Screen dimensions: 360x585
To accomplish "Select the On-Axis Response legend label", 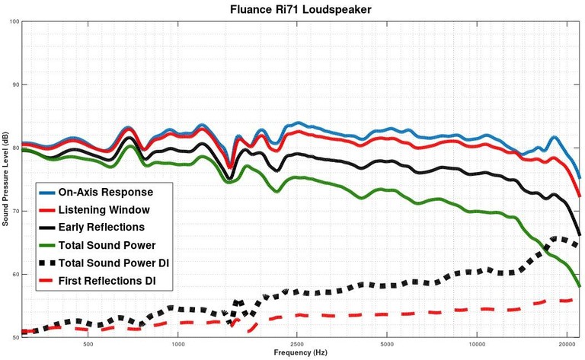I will click(x=106, y=191).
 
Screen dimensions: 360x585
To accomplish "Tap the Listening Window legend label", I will click(x=104, y=209).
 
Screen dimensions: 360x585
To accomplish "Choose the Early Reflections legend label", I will click(x=101, y=227).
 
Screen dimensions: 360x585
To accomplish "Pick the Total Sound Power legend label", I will click(x=107, y=244).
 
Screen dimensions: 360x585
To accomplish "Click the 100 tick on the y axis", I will click(x=13, y=21).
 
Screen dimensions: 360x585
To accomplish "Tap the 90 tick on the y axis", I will click(x=14, y=84).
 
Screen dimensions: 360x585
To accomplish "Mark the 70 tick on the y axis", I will click(x=14, y=211).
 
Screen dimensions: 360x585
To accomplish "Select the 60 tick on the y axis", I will click(x=14, y=274).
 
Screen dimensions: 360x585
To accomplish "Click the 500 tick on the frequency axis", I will click(x=88, y=344).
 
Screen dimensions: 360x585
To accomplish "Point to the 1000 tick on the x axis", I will click(x=178, y=344).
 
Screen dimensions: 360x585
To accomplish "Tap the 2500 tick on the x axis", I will click(x=297, y=344).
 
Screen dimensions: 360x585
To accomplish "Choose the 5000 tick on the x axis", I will click(x=387, y=344).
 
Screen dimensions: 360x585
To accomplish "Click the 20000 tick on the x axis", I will click(x=566, y=344).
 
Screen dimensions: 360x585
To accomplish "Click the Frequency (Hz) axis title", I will click(x=302, y=353).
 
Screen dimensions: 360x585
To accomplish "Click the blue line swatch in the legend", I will click(x=48, y=191).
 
